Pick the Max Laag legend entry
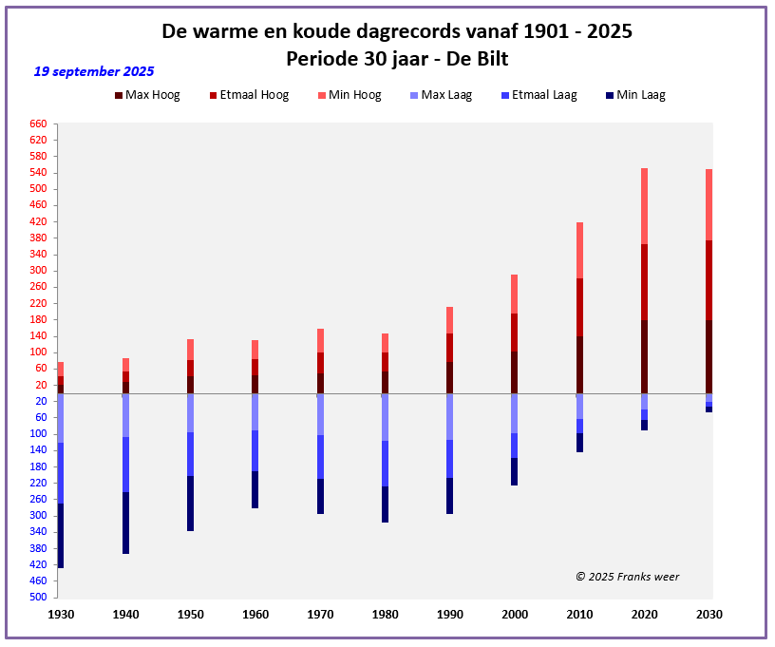click(x=444, y=95)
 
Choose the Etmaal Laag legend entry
click(x=543, y=95)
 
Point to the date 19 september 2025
click(x=94, y=71)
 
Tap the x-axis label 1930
click(x=61, y=615)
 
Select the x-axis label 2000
click(x=514, y=615)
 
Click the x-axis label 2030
click(x=709, y=615)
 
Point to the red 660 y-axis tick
click(x=38, y=124)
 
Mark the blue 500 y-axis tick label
click(x=38, y=598)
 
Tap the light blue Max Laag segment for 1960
click(x=255, y=412)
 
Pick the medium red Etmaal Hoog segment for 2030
click(x=709, y=280)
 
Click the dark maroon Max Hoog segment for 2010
click(x=579, y=365)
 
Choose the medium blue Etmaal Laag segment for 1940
click(x=125, y=465)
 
